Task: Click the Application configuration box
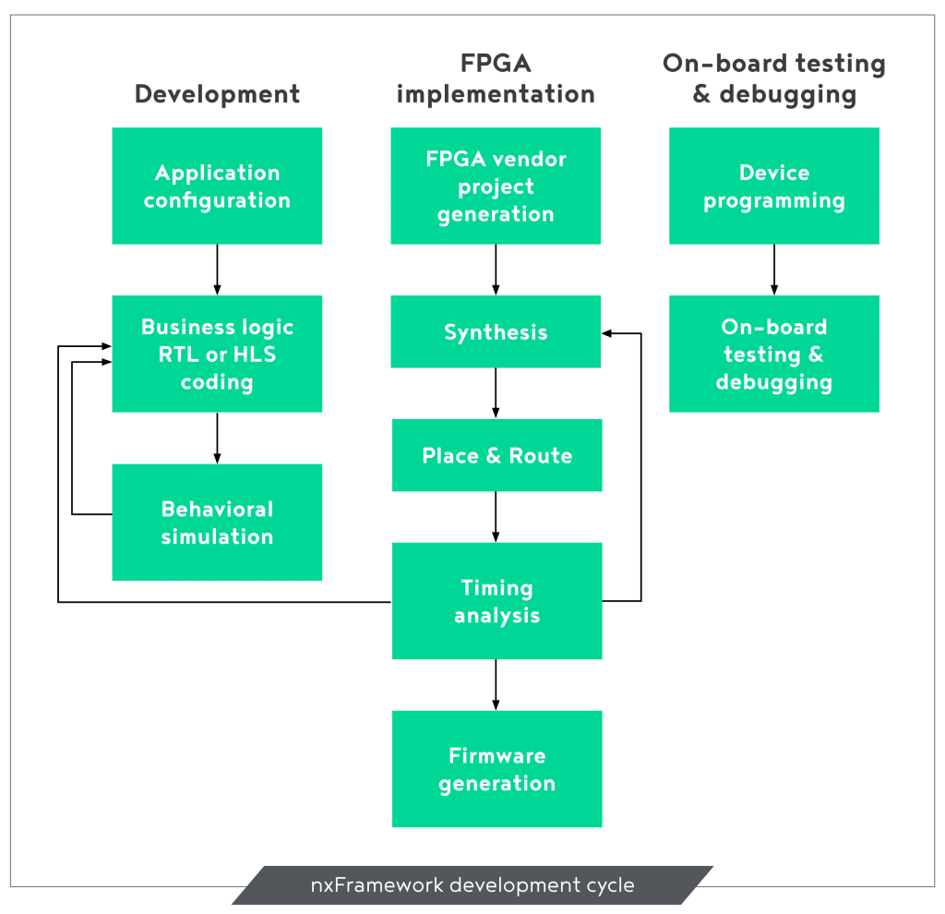click(x=217, y=186)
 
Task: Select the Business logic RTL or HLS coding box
click(x=217, y=354)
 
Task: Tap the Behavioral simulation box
click(x=217, y=523)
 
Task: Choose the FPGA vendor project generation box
click(x=496, y=186)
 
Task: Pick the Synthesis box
click(x=496, y=331)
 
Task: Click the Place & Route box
click(x=496, y=455)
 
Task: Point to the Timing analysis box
click(x=496, y=601)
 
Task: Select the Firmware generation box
click(x=496, y=769)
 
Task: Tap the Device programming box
click(x=774, y=186)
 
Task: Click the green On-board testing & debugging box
click(x=774, y=354)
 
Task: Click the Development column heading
click(x=217, y=94)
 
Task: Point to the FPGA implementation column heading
click(x=496, y=78)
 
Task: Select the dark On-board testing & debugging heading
click(x=774, y=78)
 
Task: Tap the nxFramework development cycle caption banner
click(x=472, y=885)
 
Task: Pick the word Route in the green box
click(x=540, y=455)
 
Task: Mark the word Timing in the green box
click(x=496, y=588)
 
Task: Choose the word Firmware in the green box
click(x=496, y=756)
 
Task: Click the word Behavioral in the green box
click(x=217, y=510)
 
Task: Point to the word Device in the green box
click(x=774, y=173)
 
